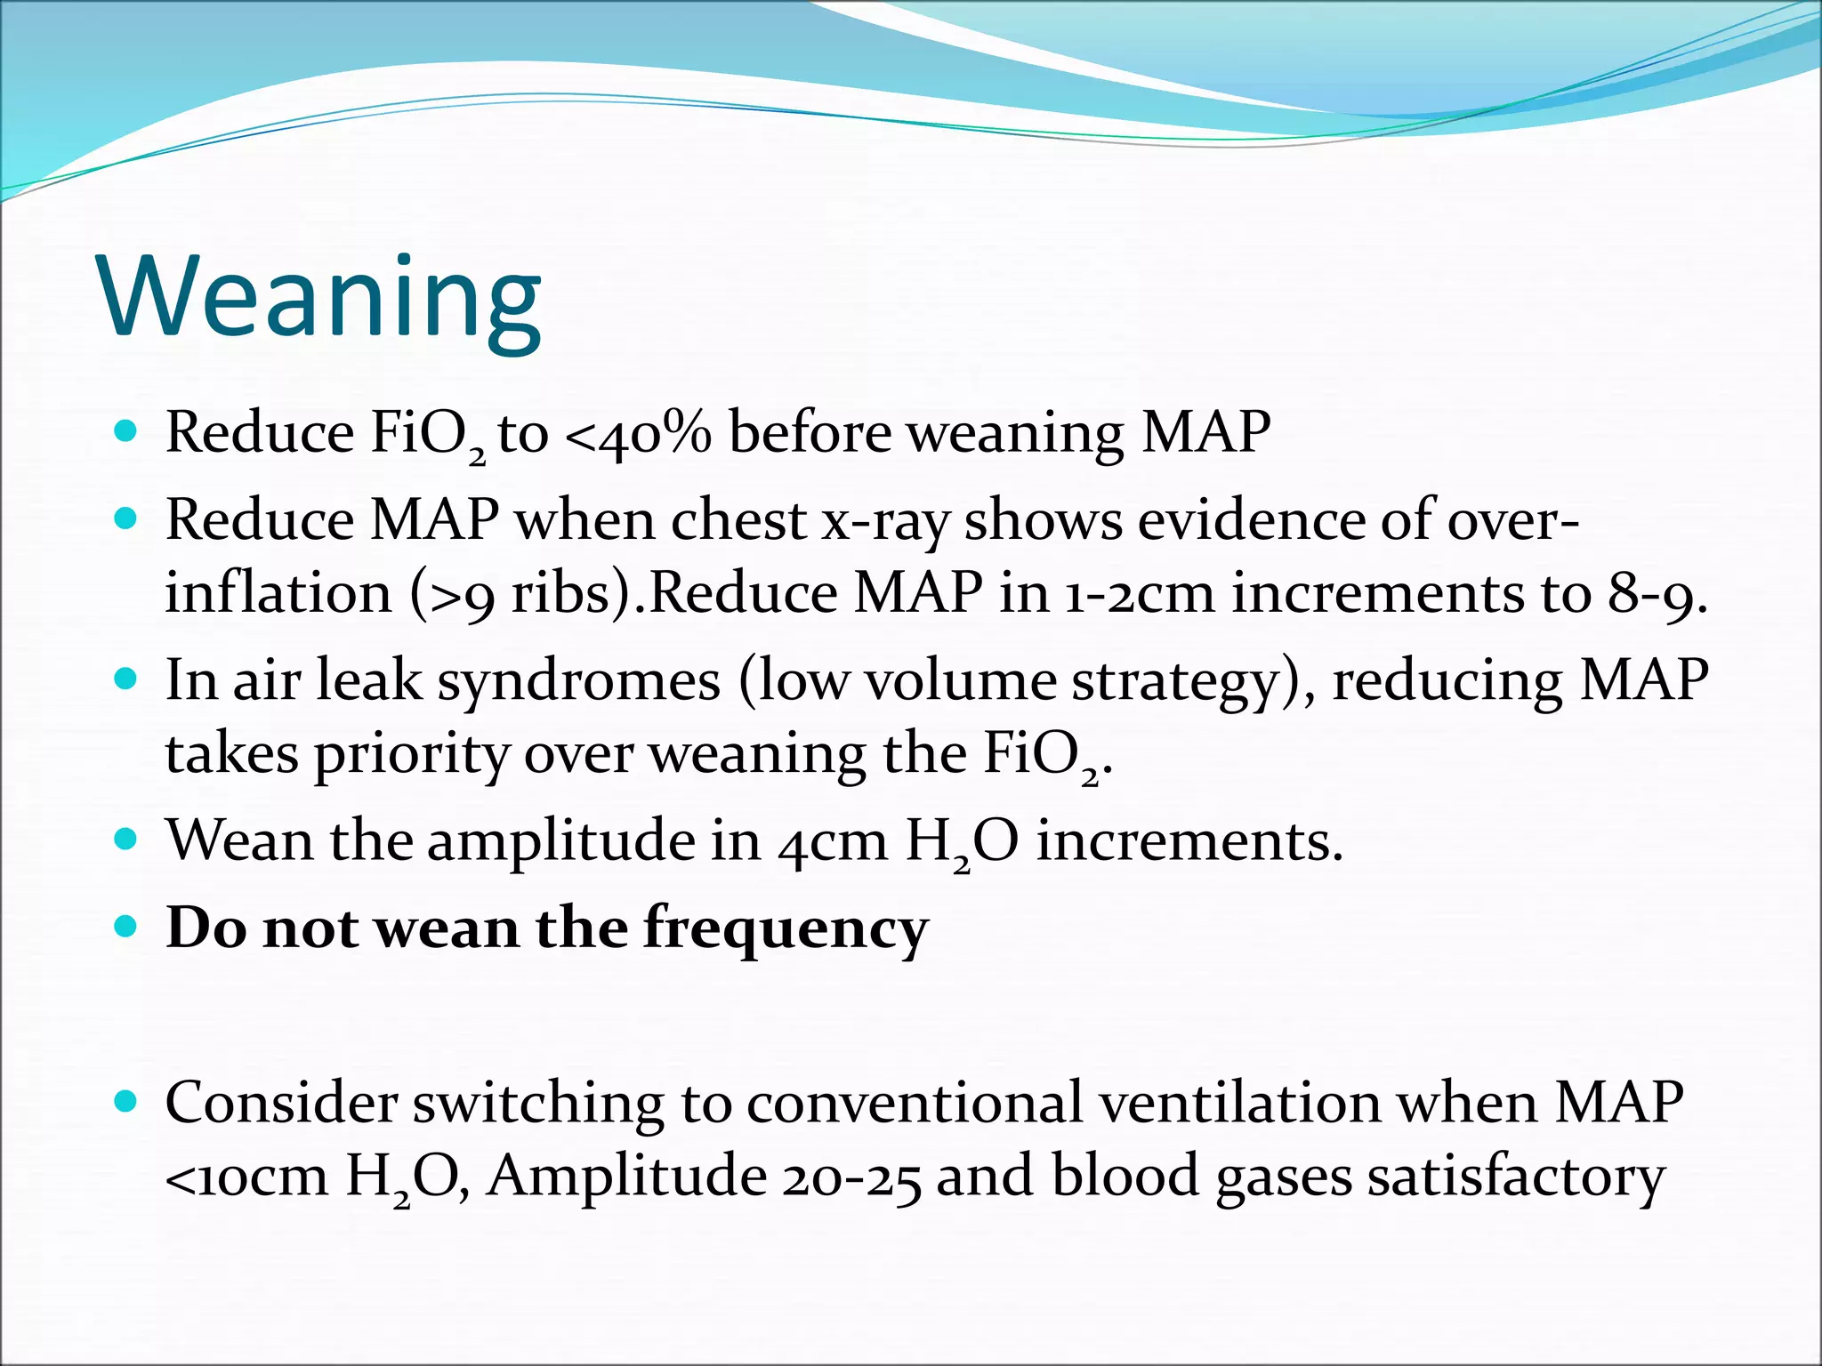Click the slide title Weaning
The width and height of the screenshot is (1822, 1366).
pos(320,298)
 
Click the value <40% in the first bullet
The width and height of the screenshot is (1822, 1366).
pos(639,435)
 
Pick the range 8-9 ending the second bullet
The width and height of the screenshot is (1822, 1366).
pos(1656,594)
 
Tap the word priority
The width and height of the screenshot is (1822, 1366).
pos(411,755)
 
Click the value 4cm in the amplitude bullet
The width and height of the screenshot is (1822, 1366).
pos(833,841)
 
